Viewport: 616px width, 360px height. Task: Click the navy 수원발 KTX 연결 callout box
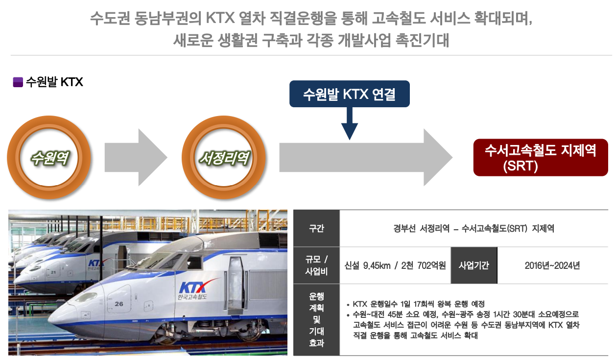tap(349, 94)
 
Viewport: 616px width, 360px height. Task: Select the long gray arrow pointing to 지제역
tap(365, 157)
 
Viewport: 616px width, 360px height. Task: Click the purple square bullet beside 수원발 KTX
tap(18, 82)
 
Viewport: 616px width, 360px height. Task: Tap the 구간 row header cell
tap(316, 229)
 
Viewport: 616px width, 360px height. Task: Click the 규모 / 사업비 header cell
tap(316, 265)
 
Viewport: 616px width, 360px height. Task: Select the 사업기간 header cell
tap(474, 265)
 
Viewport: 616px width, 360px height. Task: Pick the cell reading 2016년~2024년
tap(552, 265)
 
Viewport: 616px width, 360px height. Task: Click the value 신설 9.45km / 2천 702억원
tap(395, 265)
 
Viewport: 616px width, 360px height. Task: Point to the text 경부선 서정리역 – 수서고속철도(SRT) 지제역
tap(473, 229)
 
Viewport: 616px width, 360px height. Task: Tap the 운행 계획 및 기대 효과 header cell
tap(316, 320)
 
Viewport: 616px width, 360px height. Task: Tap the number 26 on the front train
tap(119, 304)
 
